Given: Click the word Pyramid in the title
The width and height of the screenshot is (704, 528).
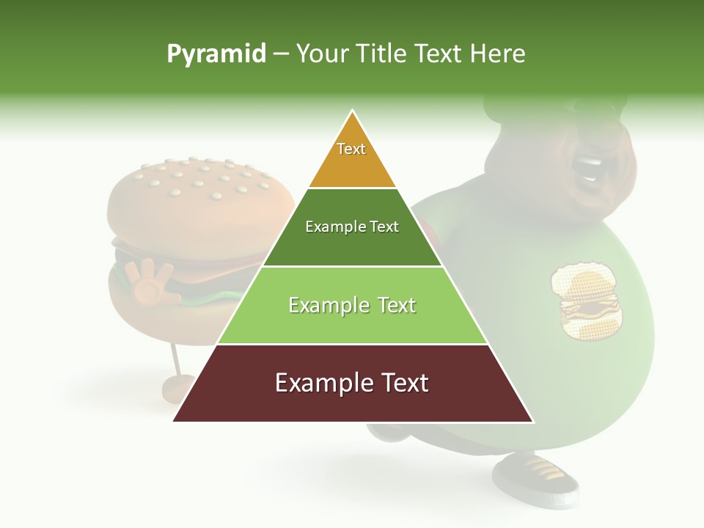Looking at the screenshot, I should tap(216, 54).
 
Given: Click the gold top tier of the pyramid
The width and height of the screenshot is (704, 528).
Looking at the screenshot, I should tap(352, 165).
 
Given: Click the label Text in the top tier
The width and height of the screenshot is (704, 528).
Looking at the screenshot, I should tap(351, 149).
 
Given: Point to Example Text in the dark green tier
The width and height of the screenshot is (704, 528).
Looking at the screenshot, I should tap(352, 227).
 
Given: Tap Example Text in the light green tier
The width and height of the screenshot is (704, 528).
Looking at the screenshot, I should tap(352, 305).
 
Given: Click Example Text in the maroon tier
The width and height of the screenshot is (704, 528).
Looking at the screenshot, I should tap(352, 383).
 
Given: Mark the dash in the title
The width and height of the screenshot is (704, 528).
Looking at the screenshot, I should tap(281, 54).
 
